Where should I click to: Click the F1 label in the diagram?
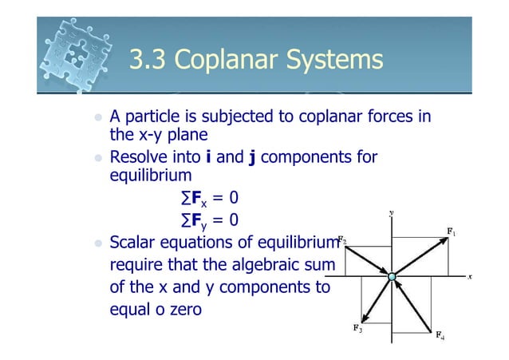tap(451, 232)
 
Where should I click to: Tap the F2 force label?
tap(341, 239)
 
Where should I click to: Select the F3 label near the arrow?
tap(357, 327)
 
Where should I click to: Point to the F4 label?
tap(440, 336)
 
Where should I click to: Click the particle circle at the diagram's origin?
tap(392, 277)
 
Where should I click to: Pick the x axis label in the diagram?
tap(471, 276)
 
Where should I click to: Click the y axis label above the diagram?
tap(391, 212)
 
